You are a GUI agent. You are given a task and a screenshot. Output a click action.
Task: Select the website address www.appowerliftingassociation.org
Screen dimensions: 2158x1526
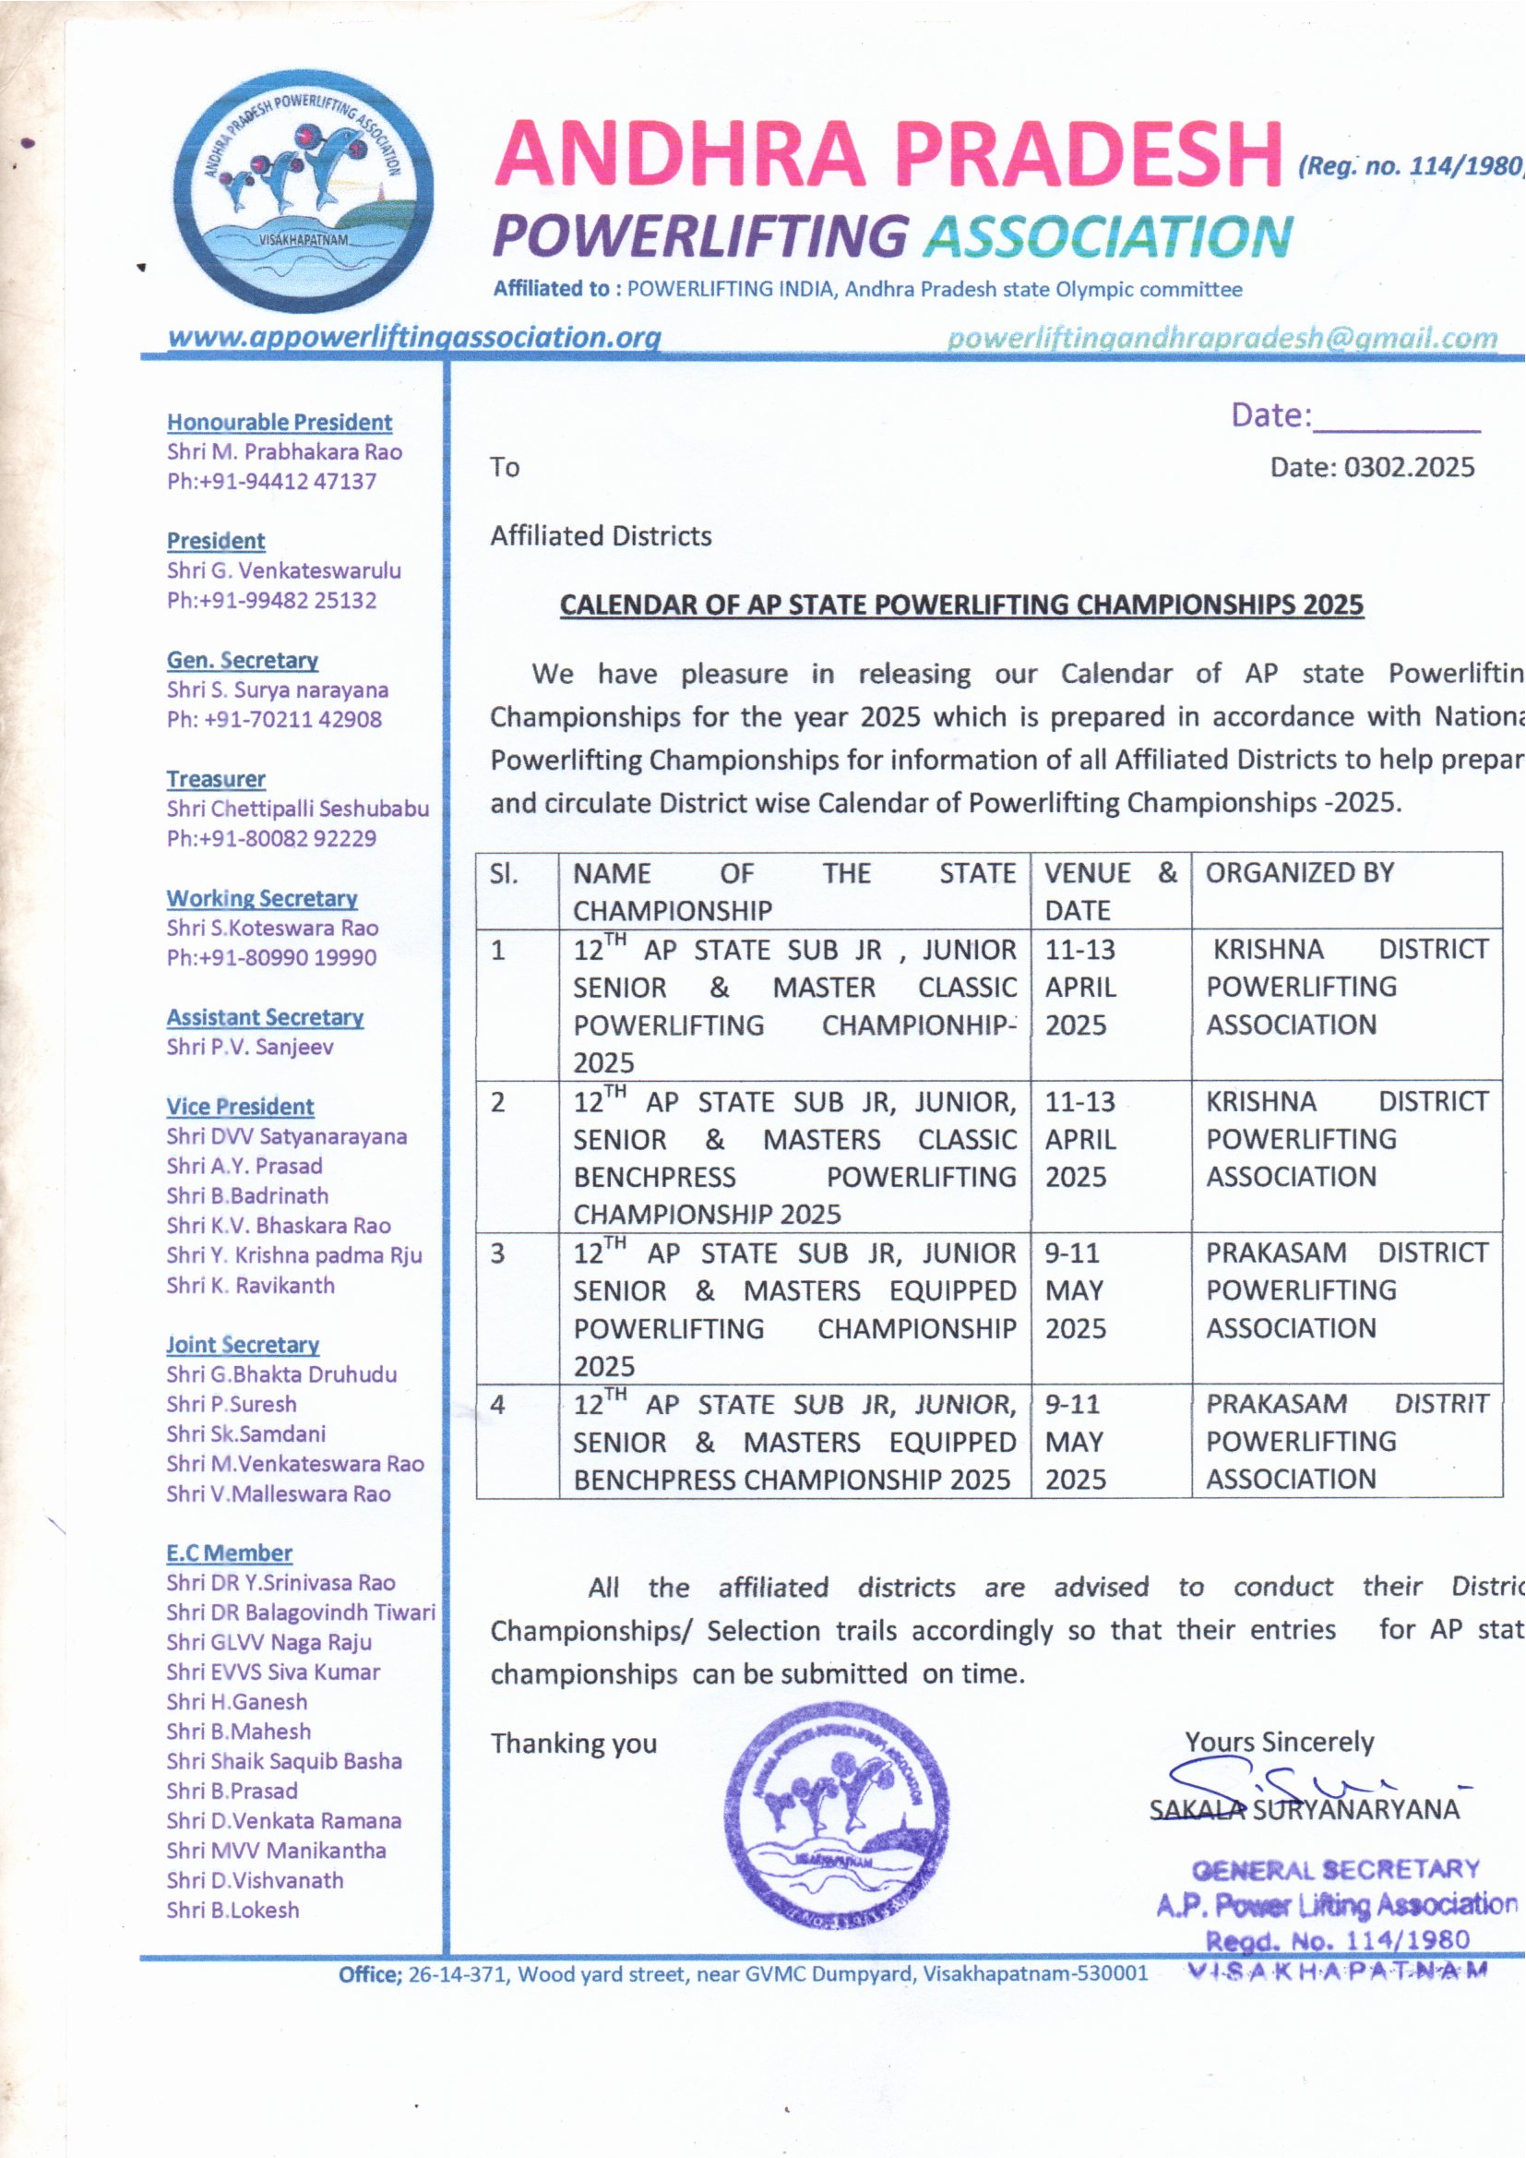(x=413, y=337)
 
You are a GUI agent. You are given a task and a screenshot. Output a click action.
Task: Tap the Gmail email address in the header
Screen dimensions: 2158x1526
(x=1222, y=338)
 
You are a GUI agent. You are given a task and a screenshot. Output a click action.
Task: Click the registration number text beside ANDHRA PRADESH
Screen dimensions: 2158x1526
(x=1411, y=166)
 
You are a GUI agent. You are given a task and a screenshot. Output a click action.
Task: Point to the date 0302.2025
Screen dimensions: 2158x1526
(x=1409, y=467)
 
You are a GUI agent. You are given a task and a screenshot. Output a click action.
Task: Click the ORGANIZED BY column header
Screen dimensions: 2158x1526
(x=1300, y=873)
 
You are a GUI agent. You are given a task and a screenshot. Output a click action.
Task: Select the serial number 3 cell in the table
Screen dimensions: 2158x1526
(x=498, y=1253)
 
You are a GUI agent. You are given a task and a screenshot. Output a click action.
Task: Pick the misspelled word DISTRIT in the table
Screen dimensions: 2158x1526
(x=1441, y=1404)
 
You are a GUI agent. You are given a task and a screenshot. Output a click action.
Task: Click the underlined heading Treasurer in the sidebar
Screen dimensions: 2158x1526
(x=216, y=779)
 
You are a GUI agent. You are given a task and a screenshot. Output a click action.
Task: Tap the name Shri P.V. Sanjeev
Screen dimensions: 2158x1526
(x=250, y=1047)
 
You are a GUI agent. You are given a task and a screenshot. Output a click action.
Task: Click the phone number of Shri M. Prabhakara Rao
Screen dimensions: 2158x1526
(x=271, y=481)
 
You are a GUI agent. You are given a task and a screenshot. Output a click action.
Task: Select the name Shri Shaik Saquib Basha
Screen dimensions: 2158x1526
(x=284, y=1761)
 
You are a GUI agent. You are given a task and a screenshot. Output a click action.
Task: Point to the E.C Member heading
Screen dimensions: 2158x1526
(x=230, y=1553)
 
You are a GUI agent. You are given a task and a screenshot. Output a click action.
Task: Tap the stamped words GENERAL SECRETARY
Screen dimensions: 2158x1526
(x=1335, y=1868)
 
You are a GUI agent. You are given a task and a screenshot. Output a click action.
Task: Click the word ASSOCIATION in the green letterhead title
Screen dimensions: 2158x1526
(x=1108, y=236)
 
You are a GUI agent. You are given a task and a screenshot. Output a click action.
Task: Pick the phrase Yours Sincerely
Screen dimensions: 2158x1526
(x=1279, y=1742)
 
